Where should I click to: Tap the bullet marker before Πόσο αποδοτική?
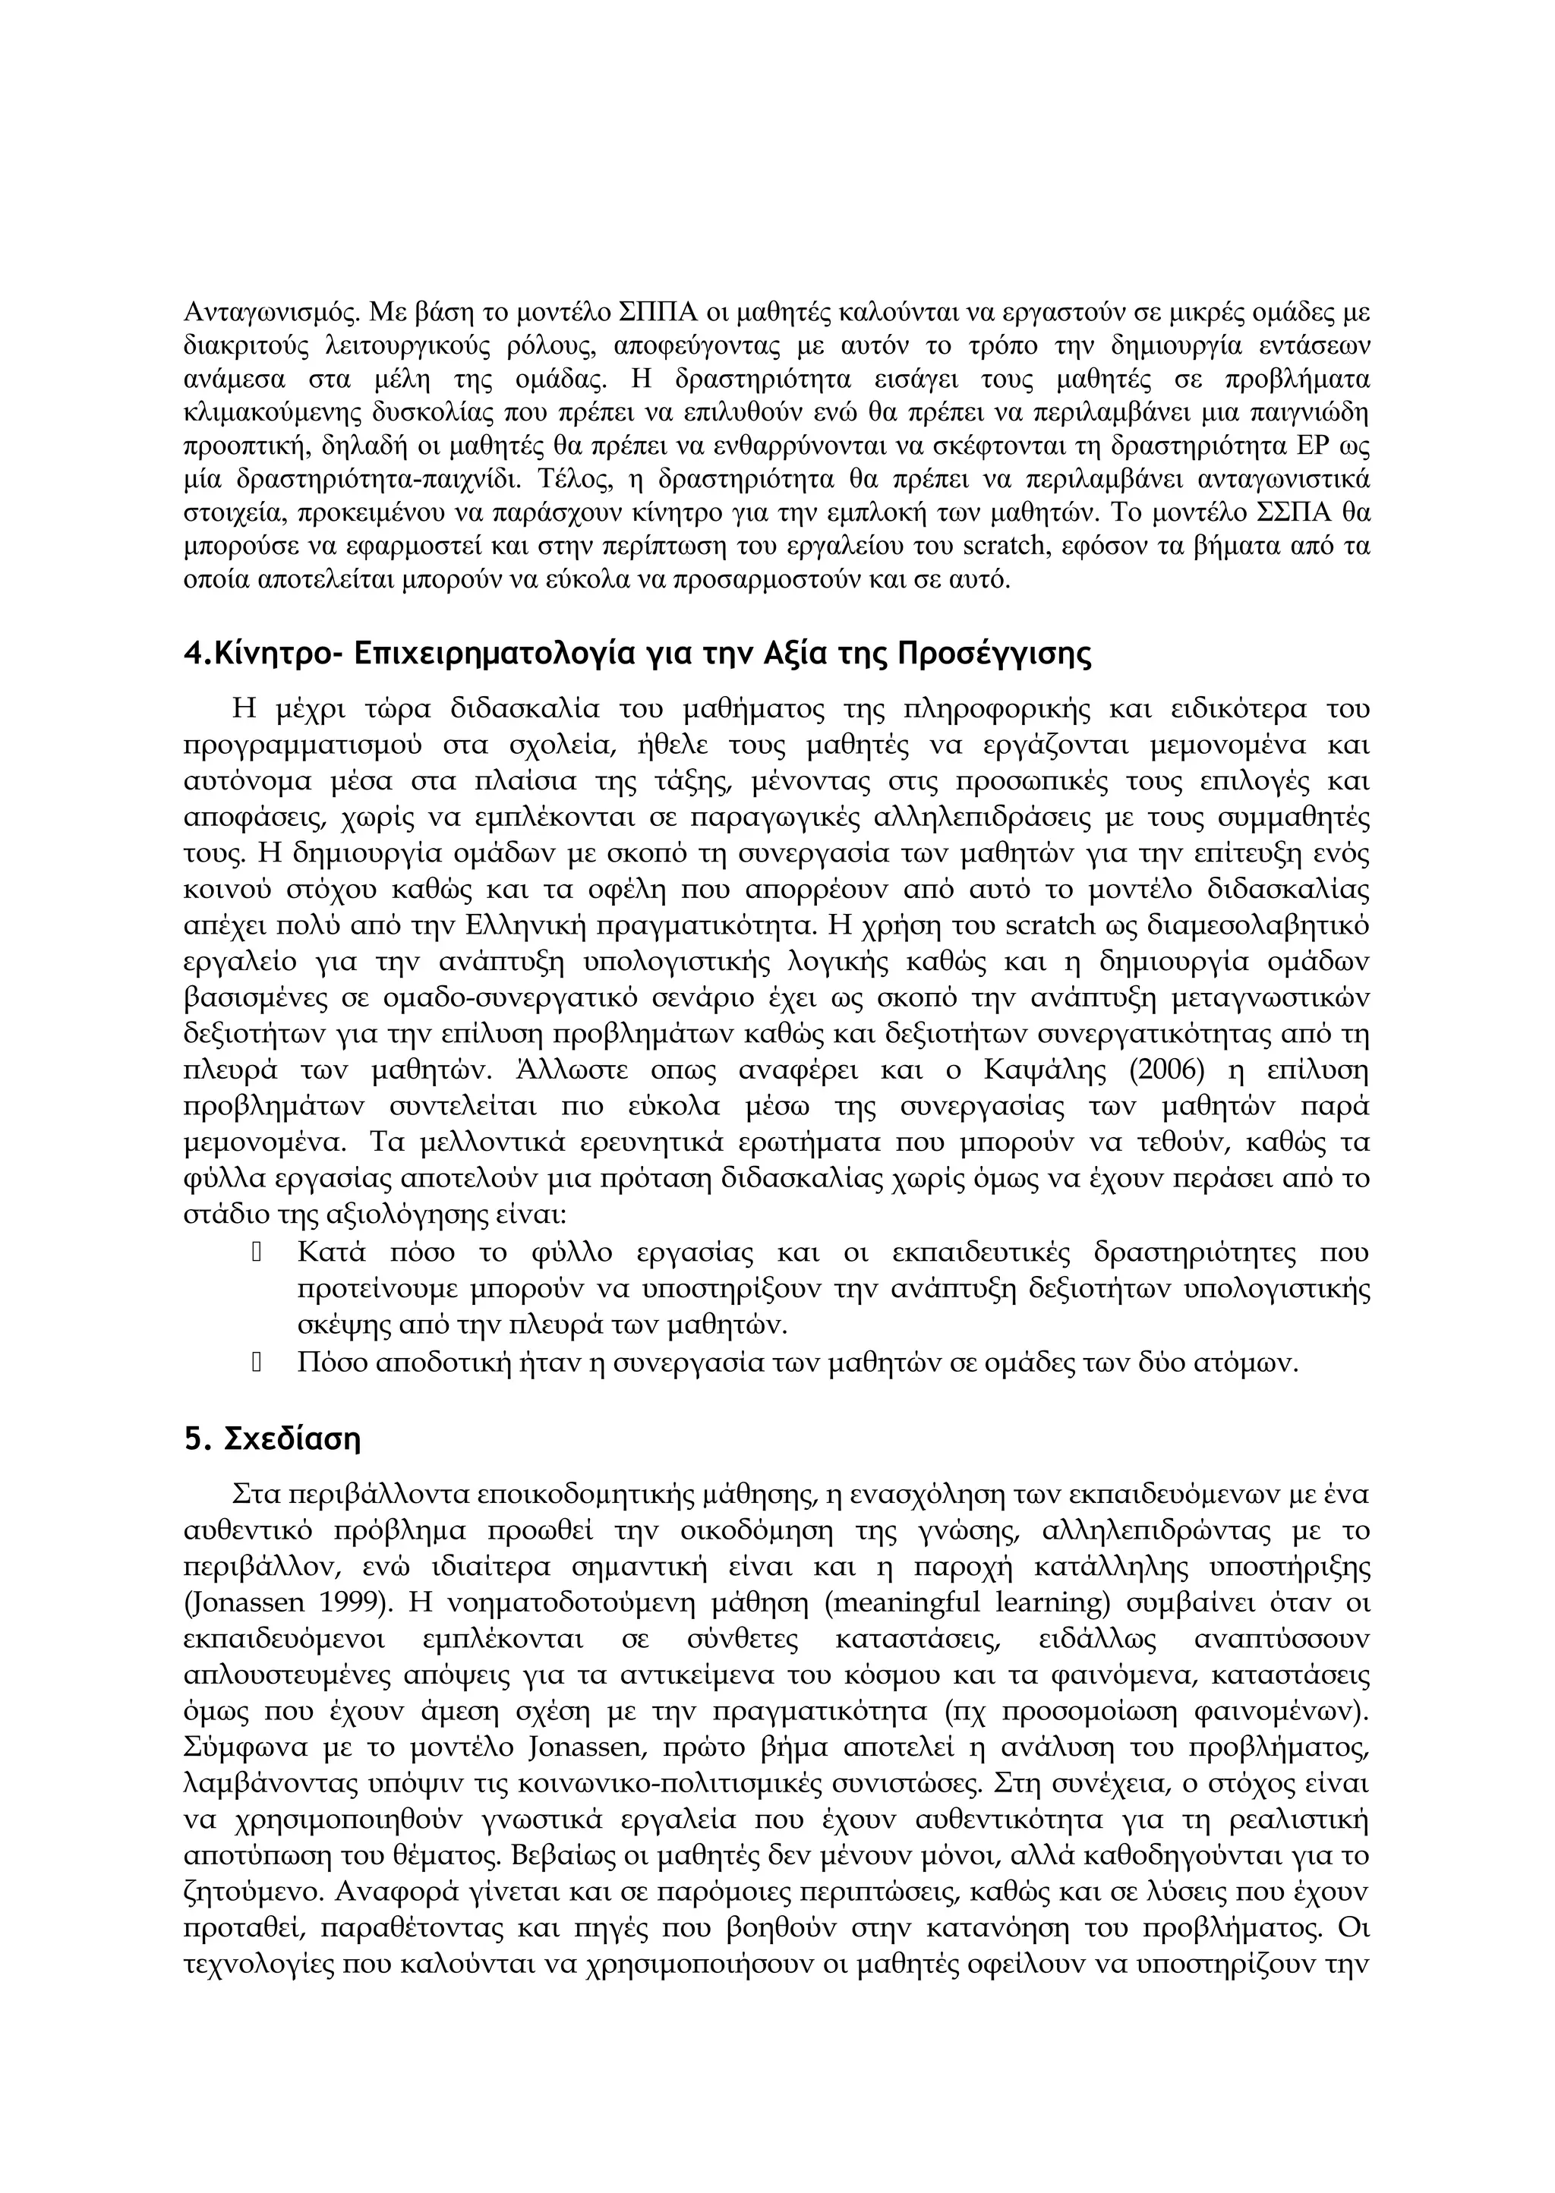257,1361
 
